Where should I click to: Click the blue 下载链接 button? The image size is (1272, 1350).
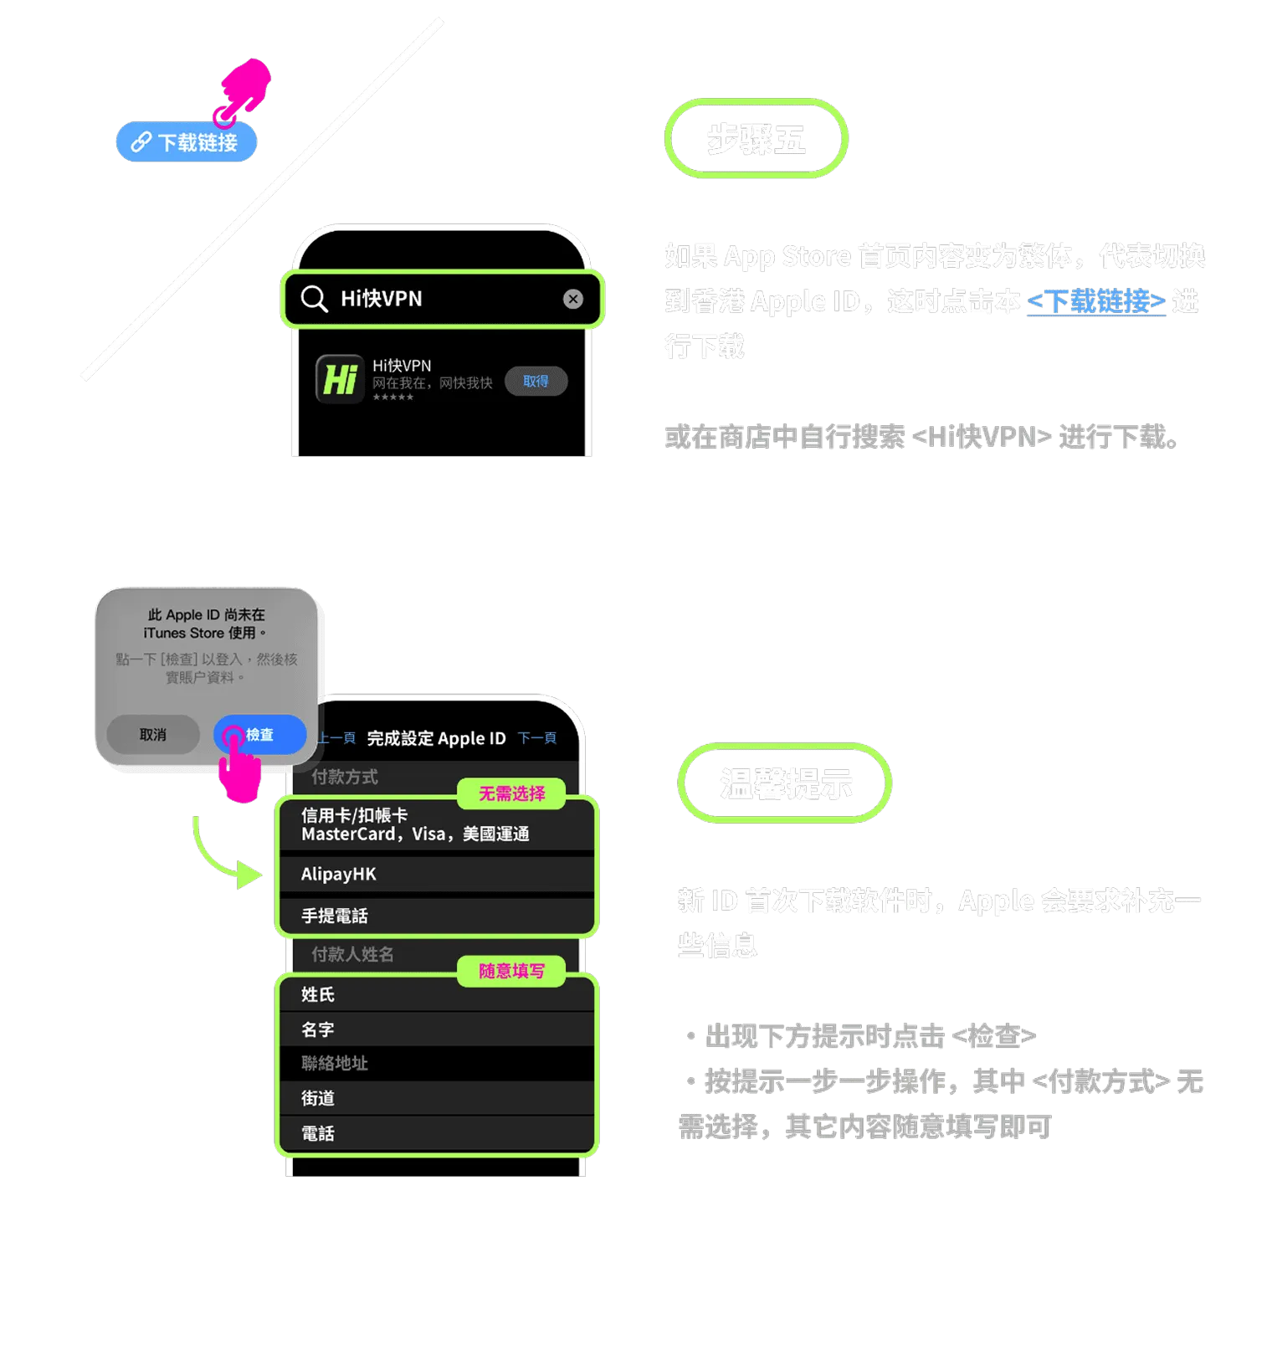[x=186, y=142]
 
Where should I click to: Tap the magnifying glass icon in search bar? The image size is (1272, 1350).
[x=314, y=299]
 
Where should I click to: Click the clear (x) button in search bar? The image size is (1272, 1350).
[x=573, y=299]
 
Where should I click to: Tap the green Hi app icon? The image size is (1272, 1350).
[x=340, y=379]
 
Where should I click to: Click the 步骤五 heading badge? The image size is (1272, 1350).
[x=757, y=139]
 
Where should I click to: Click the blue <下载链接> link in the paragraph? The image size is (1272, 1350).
[x=1095, y=301]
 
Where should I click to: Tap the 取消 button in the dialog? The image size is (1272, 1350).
[x=153, y=735]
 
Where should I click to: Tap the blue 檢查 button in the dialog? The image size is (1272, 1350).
[x=259, y=735]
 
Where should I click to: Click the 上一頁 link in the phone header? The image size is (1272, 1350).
[x=337, y=738]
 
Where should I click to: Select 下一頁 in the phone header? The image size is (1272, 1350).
[x=537, y=738]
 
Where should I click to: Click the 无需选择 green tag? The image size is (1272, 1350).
[x=511, y=793]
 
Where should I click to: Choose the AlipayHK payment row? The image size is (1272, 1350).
[x=435, y=875]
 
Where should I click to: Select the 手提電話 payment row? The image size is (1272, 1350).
[x=435, y=916]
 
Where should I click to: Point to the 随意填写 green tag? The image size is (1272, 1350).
[x=511, y=971]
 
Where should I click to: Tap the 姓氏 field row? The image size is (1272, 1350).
[x=435, y=994]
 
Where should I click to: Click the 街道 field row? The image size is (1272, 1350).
[x=435, y=1098]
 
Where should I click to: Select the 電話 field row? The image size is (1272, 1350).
[x=435, y=1133]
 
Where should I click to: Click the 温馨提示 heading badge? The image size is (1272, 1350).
[x=785, y=783]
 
